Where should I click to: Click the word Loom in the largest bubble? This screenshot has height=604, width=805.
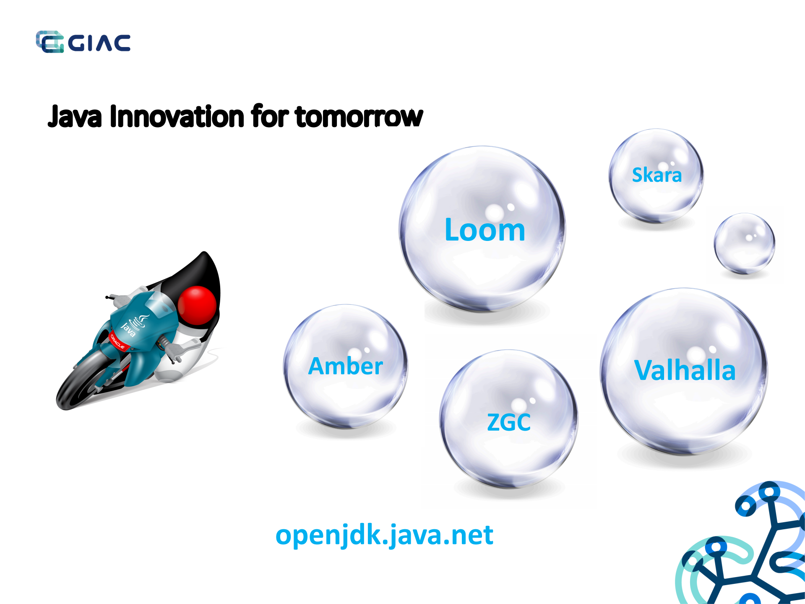[x=485, y=230]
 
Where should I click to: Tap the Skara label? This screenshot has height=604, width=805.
[x=657, y=175]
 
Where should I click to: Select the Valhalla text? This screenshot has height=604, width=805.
[x=685, y=370]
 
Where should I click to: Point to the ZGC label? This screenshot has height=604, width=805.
[x=508, y=422]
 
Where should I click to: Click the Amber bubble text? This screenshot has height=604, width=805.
[x=345, y=366]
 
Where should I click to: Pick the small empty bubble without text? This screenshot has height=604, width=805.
[x=744, y=243]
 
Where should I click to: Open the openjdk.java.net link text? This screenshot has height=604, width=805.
[x=384, y=535]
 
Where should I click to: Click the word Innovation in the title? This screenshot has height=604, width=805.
[x=177, y=116]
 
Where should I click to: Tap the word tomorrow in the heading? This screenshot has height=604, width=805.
[x=359, y=116]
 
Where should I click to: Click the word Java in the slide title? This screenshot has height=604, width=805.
[x=75, y=116]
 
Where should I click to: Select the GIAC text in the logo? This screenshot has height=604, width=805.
[x=99, y=43]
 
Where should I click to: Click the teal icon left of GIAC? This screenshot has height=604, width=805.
[x=49, y=42]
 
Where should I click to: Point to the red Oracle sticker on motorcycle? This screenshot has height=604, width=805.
[x=117, y=340]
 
